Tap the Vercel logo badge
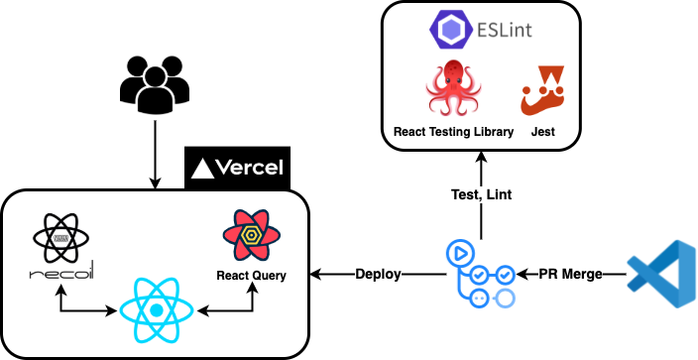click(x=237, y=167)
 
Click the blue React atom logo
click(x=156, y=310)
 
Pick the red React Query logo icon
click(x=250, y=235)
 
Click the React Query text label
click(x=251, y=275)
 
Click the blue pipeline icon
click(x=480, y=273)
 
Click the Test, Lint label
click(x=480, y=194)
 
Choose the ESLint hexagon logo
click(x=448, y=29)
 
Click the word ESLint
click(x=502, y=30)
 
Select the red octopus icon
click(x=453, y=88)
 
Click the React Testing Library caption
click(x=453, y=131)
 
